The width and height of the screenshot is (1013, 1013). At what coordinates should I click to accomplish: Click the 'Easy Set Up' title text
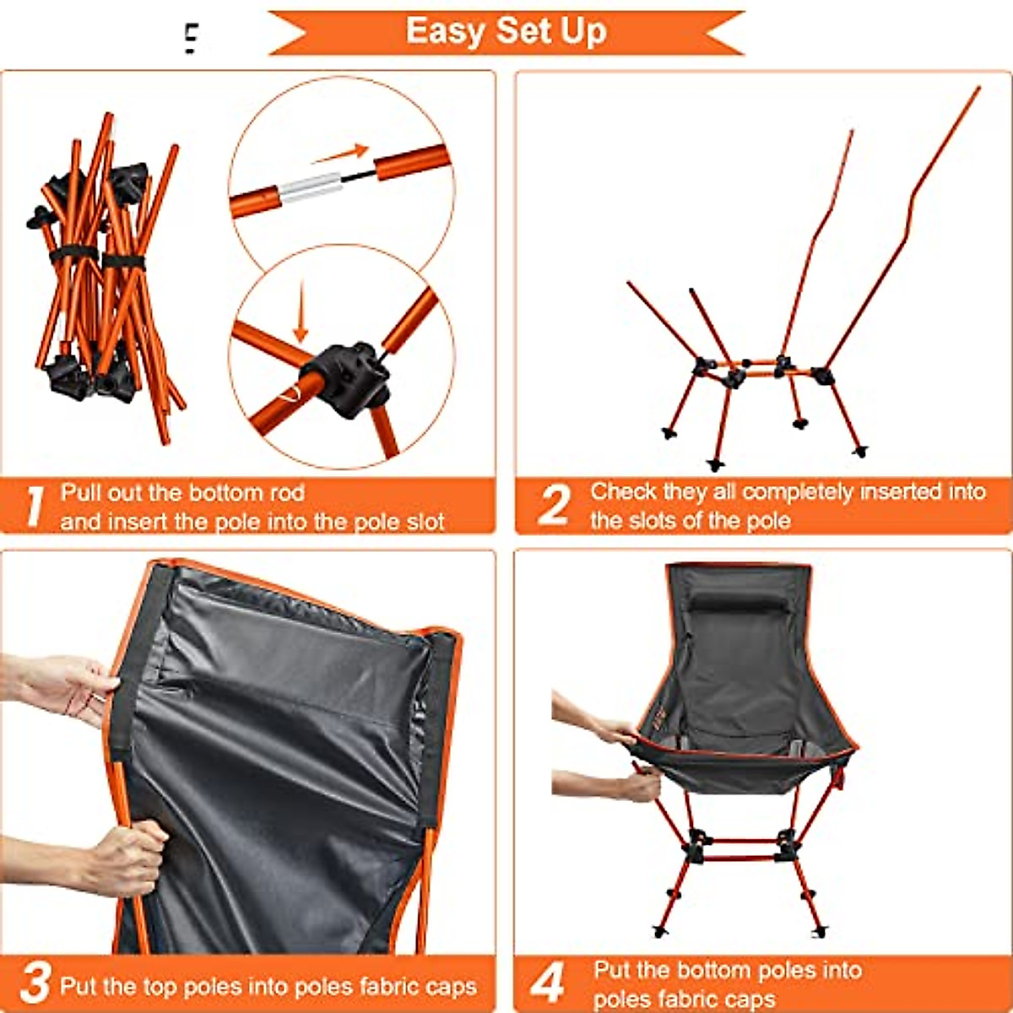506,31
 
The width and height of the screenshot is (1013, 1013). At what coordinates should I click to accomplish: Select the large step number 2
553,505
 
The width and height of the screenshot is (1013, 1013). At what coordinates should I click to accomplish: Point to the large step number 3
35,983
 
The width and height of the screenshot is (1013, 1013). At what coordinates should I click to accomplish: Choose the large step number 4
548,983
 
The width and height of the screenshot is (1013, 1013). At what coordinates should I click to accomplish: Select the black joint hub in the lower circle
348,378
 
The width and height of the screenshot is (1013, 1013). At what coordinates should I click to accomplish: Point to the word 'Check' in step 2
621,491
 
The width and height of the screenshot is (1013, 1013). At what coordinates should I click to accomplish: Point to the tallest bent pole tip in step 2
978,88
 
